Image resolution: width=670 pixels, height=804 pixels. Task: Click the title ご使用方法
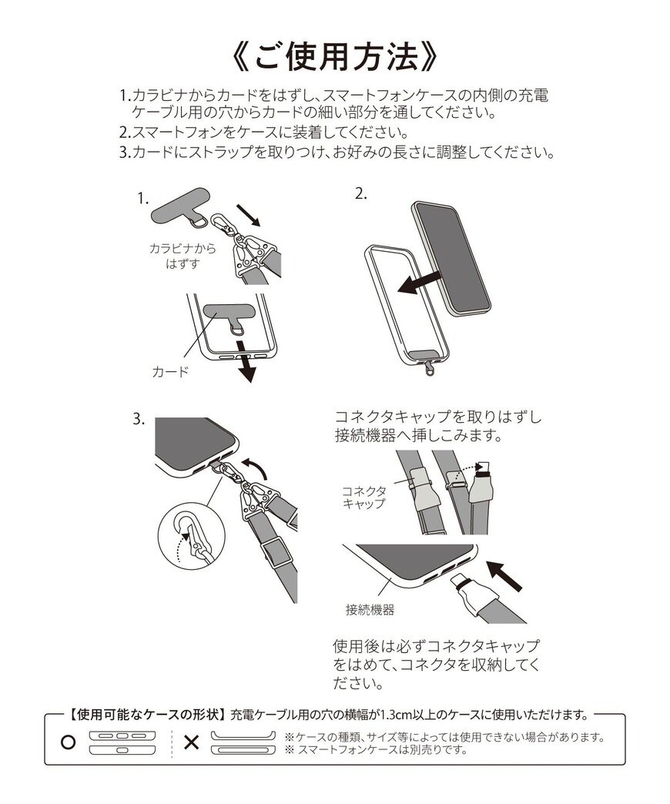335,56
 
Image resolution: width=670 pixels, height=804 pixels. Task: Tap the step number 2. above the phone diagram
361,194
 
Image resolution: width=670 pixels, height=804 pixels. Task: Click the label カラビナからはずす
183,256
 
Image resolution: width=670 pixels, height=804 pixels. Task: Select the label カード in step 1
169,372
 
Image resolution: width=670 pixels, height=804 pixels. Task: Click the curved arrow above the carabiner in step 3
256,465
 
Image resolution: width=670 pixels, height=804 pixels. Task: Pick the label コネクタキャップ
363,497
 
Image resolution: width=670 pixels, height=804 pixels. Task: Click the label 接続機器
370,610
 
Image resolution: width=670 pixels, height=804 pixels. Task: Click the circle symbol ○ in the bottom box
67,743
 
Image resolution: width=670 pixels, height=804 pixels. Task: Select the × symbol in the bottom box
191,743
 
